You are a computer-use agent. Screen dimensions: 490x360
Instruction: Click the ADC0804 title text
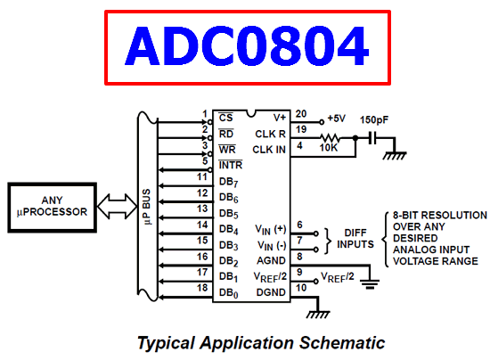(247, 46)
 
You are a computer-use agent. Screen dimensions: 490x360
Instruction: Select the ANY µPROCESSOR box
(53, 208)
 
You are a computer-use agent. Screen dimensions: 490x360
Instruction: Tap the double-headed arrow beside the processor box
(118, 206)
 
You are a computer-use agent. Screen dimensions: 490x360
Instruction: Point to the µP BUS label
(147, 207)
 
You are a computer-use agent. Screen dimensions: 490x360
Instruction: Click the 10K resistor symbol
(330, 138)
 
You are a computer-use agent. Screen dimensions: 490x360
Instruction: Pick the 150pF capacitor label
(374, 119)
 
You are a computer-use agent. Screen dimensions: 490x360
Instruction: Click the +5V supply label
(336, 119)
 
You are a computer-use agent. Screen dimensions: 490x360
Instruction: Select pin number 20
(301, 114)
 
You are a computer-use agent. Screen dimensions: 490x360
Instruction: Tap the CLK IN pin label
(269, 150)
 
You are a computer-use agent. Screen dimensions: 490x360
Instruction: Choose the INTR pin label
(231, 165)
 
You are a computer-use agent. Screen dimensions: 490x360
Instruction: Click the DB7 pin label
(229, 182)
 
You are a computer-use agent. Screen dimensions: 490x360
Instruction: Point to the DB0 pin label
(229, 293)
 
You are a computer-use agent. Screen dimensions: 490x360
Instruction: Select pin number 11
(202, 176)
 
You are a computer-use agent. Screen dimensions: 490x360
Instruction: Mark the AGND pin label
(271, 260)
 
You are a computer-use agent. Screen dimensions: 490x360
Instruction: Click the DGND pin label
(271, 292)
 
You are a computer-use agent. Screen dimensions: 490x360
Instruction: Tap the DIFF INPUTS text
(355, 239)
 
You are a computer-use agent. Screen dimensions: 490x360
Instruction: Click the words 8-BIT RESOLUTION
(440, 216)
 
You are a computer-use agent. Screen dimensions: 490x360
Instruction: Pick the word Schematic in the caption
(342, 343)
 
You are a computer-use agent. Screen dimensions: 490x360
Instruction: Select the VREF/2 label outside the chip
(338, 277)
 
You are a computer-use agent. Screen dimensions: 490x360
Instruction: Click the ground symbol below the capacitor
(395, 155)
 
